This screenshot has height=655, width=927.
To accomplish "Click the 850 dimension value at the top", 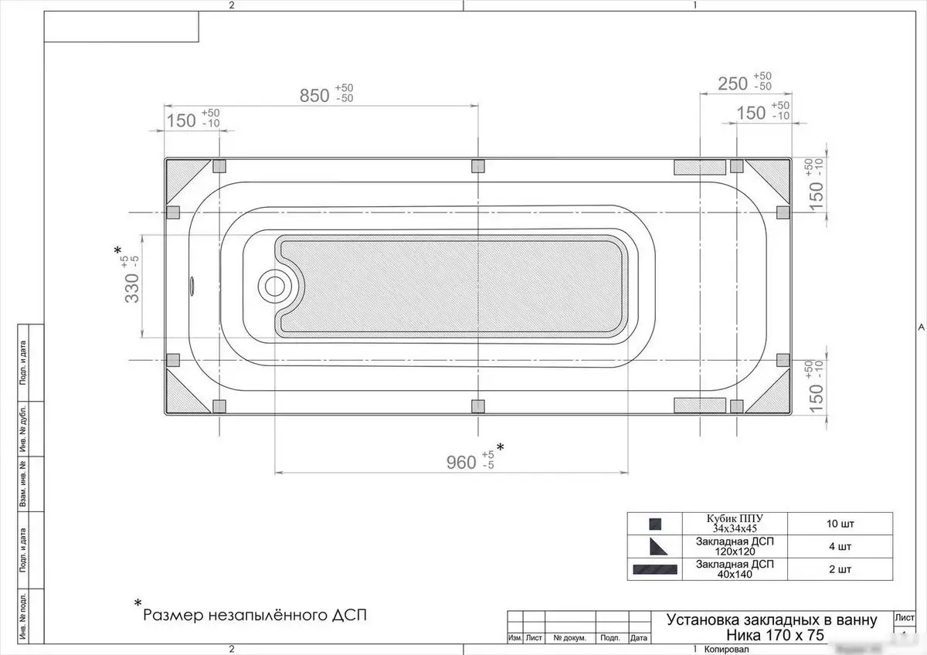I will pyautogui.click(x=315, y=96).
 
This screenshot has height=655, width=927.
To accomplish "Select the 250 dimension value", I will pyautogui.click(x=732, y=83).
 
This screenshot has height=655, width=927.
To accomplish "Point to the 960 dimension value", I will pyautogui.click(x=461, y=462).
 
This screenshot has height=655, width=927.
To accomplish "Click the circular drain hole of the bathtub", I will pyautogui.click(x=275, y=286).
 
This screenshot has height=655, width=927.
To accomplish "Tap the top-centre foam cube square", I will pyautogui.click(x=477, y=165).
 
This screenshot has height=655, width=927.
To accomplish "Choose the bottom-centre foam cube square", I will pyautogui.click(x=477, y=406).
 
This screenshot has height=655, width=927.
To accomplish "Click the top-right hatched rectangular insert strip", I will pyautogui.click(x=700, y=165).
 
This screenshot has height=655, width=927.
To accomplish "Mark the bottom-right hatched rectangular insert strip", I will pyautogui.click(x=700, y=406).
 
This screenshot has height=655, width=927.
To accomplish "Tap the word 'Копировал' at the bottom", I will pyautogui.click(x=727, y=649).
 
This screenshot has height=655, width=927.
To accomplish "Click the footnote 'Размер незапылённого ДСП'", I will pyautogui.click(x=255, y=616).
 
